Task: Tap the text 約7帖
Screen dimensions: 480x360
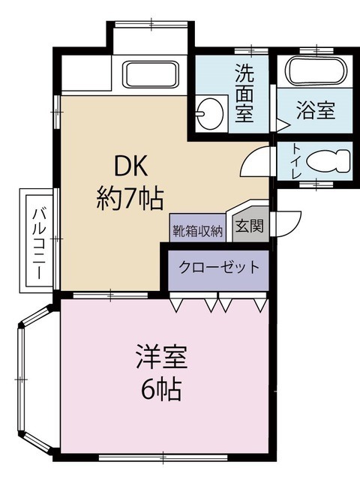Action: tap(130, 198)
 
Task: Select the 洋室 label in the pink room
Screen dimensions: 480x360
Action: tap(160, 356)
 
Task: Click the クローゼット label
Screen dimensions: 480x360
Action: tap(218, 267)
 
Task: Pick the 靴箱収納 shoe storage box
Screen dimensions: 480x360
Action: tap(197, 229)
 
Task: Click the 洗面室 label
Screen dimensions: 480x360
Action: tap(244, 94)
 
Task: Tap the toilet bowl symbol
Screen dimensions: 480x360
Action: tap(329, 161)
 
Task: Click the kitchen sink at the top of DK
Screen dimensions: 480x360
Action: tap(150, 75)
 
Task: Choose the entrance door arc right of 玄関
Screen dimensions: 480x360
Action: tap(286, 223)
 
